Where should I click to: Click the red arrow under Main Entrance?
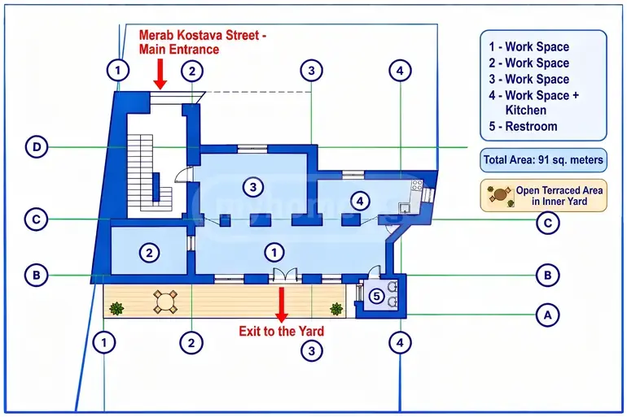160,74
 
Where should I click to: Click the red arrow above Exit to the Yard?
282,305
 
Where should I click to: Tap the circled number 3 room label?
252,186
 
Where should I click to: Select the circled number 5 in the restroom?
376,296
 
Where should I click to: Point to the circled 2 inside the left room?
149,252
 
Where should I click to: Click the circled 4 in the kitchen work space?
360,201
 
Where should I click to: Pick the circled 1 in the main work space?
274,252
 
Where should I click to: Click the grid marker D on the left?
37,147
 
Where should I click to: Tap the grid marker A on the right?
547,315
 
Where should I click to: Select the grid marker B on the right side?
547,275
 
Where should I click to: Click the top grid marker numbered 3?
312,71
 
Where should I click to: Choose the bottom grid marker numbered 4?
401,342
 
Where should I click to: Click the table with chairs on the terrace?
165,302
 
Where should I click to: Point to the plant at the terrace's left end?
116,308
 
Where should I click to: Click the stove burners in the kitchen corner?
417,185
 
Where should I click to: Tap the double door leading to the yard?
285,275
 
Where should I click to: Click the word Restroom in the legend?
531,126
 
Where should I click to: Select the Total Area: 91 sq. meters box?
543,160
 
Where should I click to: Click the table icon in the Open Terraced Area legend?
500,196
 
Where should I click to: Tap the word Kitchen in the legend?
525,110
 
